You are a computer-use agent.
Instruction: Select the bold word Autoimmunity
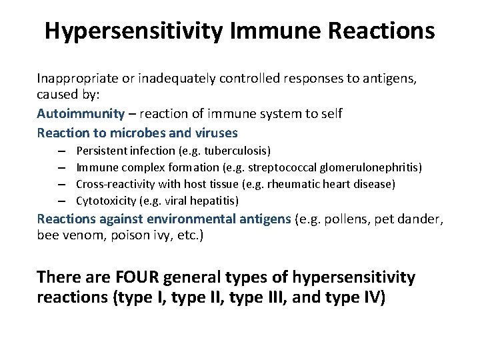pyautogui.click(x=81, y=113)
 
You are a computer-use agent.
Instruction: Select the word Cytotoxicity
pyautogui.click(x=104, y=200)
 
